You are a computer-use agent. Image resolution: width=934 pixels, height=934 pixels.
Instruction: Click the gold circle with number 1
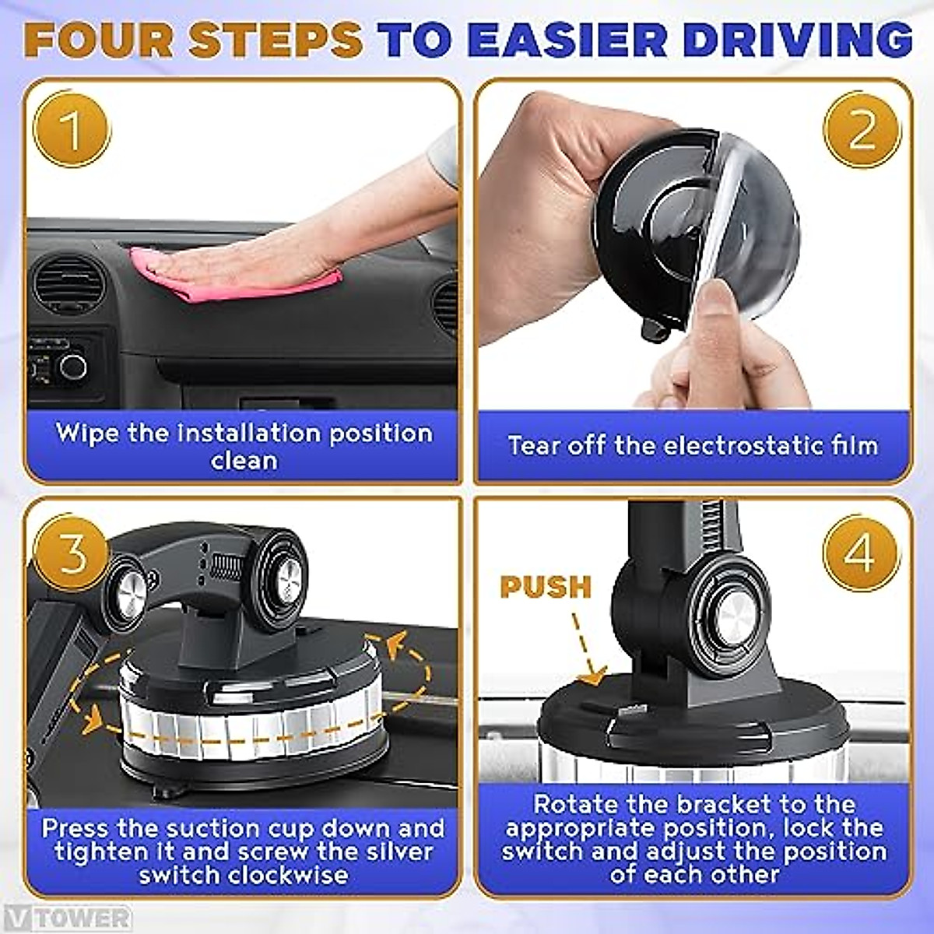pyautogui.click(x=72, y=129)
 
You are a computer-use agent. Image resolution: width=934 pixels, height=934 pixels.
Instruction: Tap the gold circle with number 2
pyautogui.click(x=862, y=129)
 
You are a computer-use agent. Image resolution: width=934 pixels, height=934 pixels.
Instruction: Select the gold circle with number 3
pyautogui.click(x=72, y=553)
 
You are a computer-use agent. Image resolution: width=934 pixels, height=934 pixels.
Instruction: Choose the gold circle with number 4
pyautogui.click(x=860, y=553)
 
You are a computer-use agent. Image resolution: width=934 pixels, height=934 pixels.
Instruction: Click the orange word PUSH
pyautogui.click(x=546, y=587)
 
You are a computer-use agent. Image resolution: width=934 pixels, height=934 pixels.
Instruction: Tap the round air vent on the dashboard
pyautogui.click(x=68, y=285)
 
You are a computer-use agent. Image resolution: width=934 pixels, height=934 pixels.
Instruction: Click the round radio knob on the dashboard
pyautogui.click(x=74, y=366)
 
